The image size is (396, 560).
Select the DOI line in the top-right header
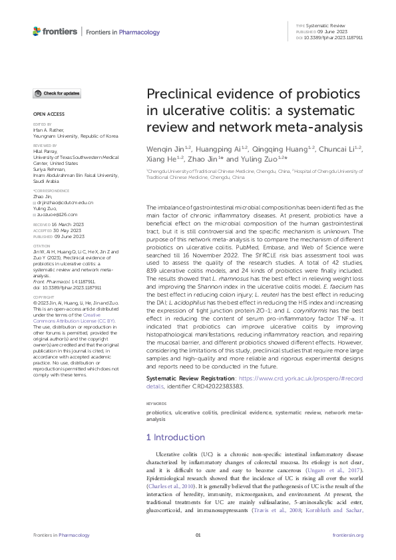(x=329, y=39)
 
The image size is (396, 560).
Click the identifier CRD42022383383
(x=215, y=385)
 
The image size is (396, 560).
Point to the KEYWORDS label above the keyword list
(x=156, y=404)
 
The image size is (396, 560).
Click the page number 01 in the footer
(x=198, y=535)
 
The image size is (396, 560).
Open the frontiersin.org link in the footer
(x=348, y=535)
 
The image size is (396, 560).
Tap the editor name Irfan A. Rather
(x=50, y=130)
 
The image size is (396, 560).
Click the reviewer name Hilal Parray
(x=47, y=151)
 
